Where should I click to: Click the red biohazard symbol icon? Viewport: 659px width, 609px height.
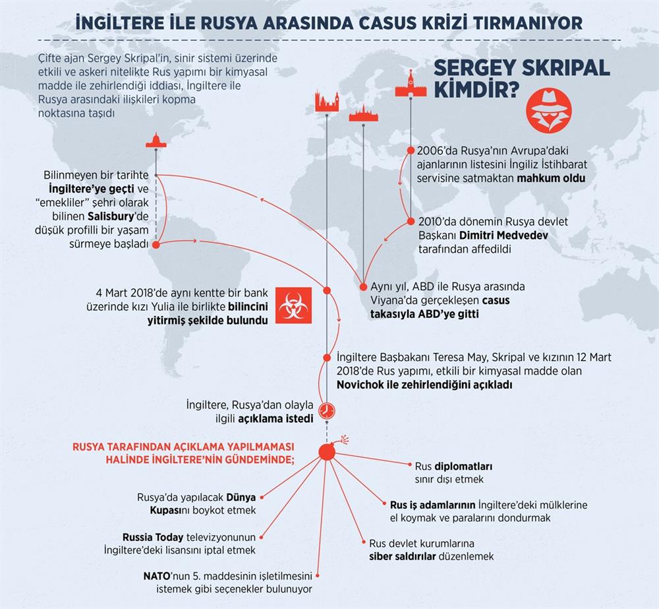tap(293, 305)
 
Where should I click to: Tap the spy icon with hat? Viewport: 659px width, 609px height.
tap(548, 111)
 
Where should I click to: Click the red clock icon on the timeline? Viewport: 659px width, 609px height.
tap(327, 410)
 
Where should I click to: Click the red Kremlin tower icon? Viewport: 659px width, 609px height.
tap(411, 84)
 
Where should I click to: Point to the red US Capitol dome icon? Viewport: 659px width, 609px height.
tap(156, 141)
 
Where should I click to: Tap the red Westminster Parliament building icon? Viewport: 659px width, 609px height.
tap(327, 102)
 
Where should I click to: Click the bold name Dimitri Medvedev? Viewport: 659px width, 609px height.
tap(503, 235)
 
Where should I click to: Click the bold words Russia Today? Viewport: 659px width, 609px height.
tap(153, 537)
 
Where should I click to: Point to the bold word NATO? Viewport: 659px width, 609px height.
tap(156, 575)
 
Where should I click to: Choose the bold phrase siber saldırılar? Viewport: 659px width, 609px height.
tap(402, 556)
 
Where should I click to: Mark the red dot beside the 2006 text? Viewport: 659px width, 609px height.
tap(411, 150)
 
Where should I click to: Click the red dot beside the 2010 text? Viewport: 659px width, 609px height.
tap(411, 222)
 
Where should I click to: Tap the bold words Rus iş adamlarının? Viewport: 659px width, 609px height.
tap(432, 505)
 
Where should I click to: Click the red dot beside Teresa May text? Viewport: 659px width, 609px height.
tap(327, 358)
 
